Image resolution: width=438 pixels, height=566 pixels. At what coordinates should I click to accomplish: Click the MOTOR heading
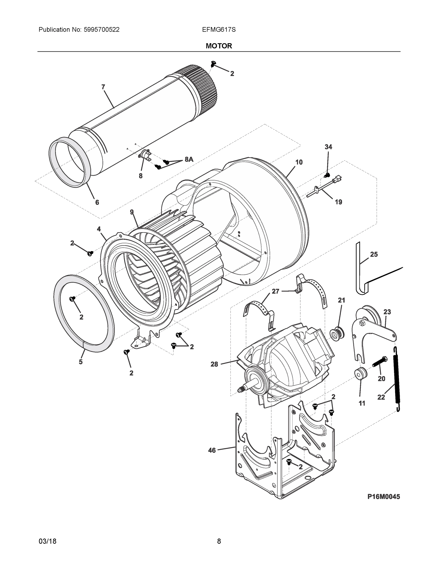219,46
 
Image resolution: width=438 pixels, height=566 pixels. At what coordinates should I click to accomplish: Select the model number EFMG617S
219,29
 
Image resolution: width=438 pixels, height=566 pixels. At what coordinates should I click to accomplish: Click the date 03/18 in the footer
47,541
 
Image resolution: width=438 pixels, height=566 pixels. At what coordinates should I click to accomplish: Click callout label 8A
189,159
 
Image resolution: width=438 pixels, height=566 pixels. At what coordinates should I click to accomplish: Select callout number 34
328,147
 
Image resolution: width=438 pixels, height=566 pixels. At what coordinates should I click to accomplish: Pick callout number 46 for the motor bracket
212,450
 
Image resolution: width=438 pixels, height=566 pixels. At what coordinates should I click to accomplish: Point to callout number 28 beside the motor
214,364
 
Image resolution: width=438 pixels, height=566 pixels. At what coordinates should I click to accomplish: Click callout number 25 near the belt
374,254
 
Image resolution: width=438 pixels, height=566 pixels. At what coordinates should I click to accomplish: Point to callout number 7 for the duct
103,87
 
